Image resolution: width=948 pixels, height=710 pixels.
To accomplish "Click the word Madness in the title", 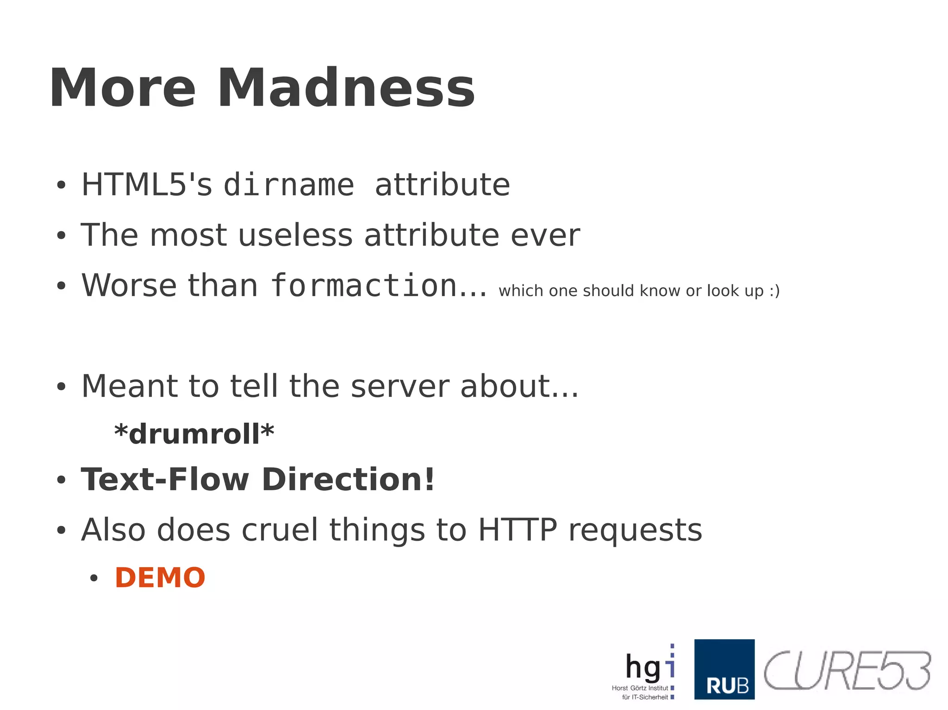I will click(x=346, y=88).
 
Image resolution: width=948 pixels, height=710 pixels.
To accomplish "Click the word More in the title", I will click(x=123, y=88).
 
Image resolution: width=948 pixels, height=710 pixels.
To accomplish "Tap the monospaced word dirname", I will click(x=289, y=185).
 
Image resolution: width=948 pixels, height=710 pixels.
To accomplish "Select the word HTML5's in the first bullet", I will click(x=147, y=185).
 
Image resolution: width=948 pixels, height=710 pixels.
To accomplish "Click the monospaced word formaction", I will click(x=364, y=285).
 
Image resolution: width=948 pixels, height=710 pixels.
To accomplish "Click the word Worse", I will click(x=129, y=285).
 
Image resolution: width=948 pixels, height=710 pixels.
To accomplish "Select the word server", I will click(x=399, y=386).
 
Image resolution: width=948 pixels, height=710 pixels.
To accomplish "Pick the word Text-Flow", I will click(x=165, y=479).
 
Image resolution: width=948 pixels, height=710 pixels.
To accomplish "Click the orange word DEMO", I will click(x=160, y=578).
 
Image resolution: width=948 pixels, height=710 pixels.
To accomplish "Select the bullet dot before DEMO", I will click(x=94, y=578).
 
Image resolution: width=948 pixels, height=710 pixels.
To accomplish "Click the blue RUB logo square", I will click(x=724, y=669).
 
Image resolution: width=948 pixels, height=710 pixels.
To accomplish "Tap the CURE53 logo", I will click(x=847, y=670).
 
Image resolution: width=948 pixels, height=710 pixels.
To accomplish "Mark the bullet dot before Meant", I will click(x=61, y=387).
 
